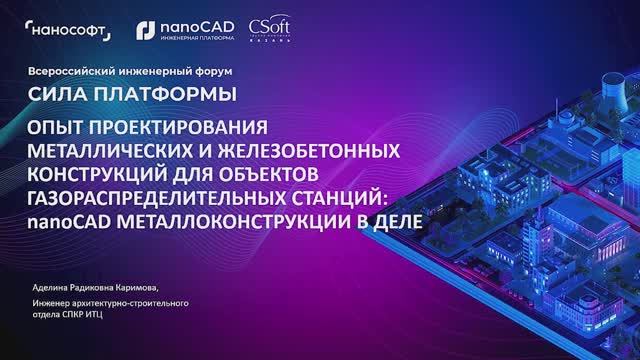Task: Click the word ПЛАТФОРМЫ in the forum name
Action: (166, 96)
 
